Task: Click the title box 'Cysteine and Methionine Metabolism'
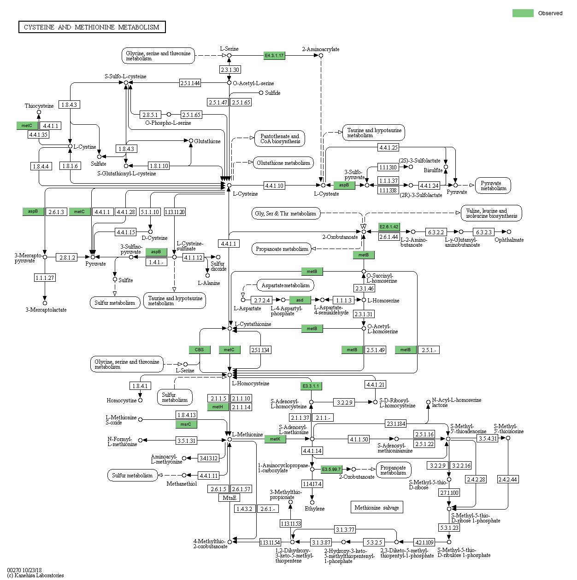(x=92, y=27)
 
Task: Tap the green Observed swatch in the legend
(x=523, y=13)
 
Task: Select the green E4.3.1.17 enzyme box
(x=274, y=56)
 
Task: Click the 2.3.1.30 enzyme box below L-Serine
(x=230, y=70)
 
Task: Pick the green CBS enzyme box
(x=200, y=350)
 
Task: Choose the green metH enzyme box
(x=218, y=407)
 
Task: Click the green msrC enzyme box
(x=186, y=424)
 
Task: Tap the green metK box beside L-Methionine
(x=275, y=439)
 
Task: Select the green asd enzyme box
(x=300, y=300)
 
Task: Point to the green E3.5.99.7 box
(x=331, y=470)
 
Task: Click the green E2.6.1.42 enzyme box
(x=389, y=227)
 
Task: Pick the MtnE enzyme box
(x=230, y=498)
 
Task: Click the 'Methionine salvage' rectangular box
(x=377, y=507)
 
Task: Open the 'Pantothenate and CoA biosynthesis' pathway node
(x=280, y=139)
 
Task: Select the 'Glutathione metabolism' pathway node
(x=283, y=163)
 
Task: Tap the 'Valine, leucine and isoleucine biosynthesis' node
(x=491, y=213)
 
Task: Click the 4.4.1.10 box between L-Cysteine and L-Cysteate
(x=274, y=186)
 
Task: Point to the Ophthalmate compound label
(x=509, y=240)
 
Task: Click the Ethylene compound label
(x=314, y=509)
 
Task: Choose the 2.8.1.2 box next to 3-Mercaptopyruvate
(x=67, y=257)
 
